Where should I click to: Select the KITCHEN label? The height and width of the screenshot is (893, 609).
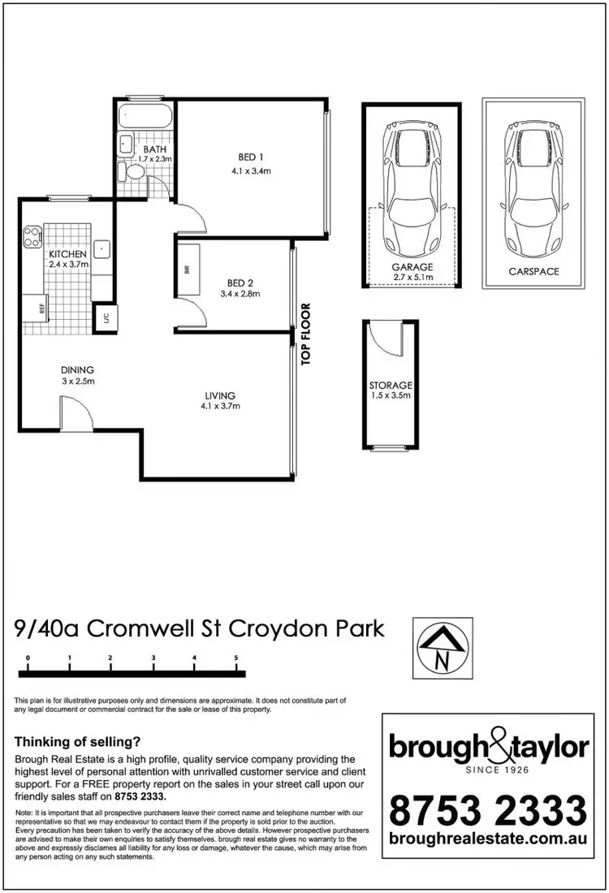coord(67,253)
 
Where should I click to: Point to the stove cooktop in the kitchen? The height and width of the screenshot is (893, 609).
coord(33,236)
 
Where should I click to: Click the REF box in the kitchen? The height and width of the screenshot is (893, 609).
coord(41,308)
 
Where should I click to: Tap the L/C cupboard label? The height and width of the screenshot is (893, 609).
coord(105,317)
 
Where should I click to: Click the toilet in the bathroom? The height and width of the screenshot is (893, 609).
coord(123,172)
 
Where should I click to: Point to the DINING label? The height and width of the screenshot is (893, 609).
coord(77,369)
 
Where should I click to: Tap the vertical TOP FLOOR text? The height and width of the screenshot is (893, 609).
coord(306,334)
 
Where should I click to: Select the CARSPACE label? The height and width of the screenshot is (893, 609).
coord(533,271)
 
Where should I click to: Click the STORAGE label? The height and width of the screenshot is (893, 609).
coord(391,385)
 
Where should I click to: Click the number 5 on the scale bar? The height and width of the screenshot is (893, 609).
coord(235,658)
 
